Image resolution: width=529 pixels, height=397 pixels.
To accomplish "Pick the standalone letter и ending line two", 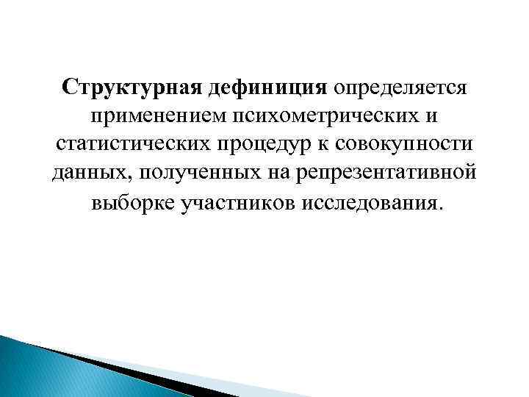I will tap(434, 116).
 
